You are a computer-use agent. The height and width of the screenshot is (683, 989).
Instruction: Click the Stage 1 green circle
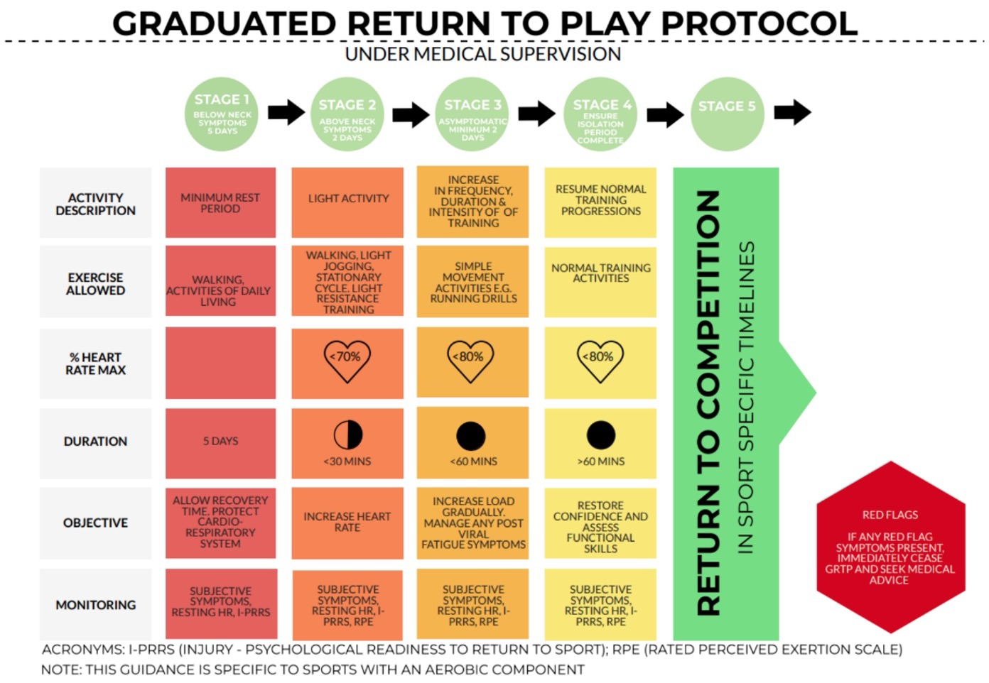pyautogui.click(x=222, y=114)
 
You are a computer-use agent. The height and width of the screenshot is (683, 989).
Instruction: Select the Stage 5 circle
pyautogui.click(x=727, y=114)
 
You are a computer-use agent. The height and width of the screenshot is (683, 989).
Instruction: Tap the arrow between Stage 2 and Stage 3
pyautogui.click(x=411, y=114)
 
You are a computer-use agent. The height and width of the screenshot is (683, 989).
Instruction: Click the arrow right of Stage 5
pyautogui.click(x=791, y=112)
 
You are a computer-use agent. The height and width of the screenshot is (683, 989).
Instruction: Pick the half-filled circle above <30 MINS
pyautogui.click(x=347, y=435)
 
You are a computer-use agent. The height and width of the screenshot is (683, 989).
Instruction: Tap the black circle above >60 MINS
pyautogui.click(x=600, y=435)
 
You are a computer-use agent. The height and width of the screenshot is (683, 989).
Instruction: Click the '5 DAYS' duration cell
pyautogui.click(x=220, y=442)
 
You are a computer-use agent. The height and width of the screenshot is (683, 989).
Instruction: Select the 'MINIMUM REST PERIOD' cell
pyautogui.click(x=220, y=203)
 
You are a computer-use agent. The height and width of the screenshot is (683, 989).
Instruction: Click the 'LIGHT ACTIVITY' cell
pyautogui.click(x=347, y=200)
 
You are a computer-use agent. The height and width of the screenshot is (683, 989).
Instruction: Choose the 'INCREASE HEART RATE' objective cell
pyautogui.click(x=347, y=523)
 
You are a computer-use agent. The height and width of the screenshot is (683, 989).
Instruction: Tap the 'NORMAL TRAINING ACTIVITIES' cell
pyautogui.click(x=600, y=273)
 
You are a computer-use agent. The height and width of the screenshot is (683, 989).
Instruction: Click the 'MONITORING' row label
pyautogui.click(x=95, y=605)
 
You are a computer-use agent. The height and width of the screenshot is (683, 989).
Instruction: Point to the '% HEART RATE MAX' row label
pyautogui.click(x=95, y=364)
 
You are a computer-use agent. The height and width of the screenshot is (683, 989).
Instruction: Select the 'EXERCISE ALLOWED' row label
pyautogui.click(x=95, y=284)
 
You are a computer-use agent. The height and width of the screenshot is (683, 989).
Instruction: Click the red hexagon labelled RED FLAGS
pyautogui.click(x=890, y=547)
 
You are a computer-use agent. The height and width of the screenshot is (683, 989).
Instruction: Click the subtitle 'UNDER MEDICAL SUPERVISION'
pyautogui.click(x=482, y=55)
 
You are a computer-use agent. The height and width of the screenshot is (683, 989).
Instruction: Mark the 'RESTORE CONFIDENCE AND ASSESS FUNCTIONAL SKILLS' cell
pyautogui.click(x=600, y=527)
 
